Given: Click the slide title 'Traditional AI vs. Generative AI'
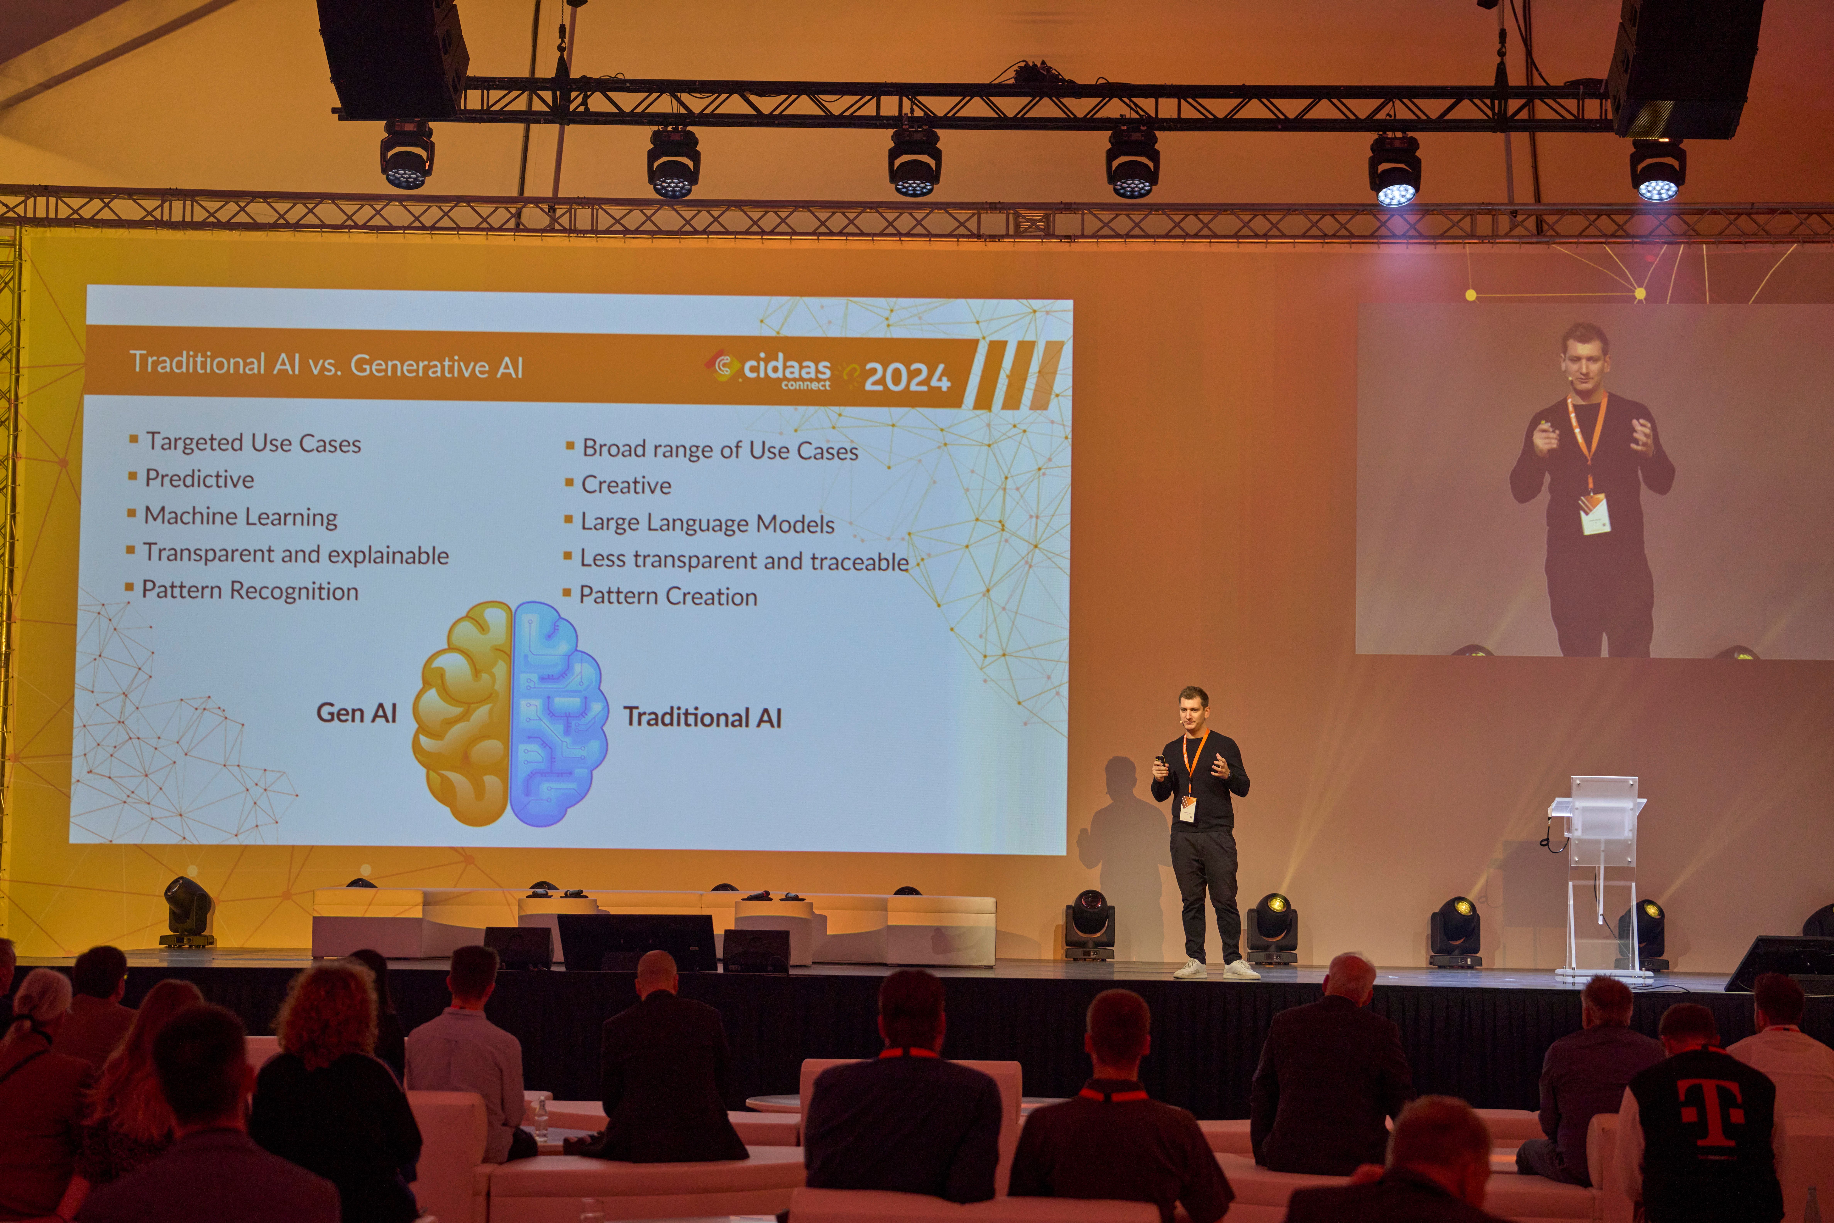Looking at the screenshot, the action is pos(326,364).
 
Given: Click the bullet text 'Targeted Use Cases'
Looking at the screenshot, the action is pos(253,443).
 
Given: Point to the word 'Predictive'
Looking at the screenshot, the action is pos(200,479).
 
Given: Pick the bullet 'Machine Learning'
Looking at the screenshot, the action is pos(241,516).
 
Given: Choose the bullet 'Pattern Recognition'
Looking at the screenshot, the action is pos(250,590).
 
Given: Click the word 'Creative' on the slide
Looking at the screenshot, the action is pos(626,485).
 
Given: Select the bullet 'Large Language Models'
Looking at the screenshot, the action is pos(707,523).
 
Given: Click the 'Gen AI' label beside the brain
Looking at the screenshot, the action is pos(356,713).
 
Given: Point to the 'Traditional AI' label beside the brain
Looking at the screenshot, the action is pos(703,717).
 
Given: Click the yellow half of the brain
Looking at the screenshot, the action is pos(462,714).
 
